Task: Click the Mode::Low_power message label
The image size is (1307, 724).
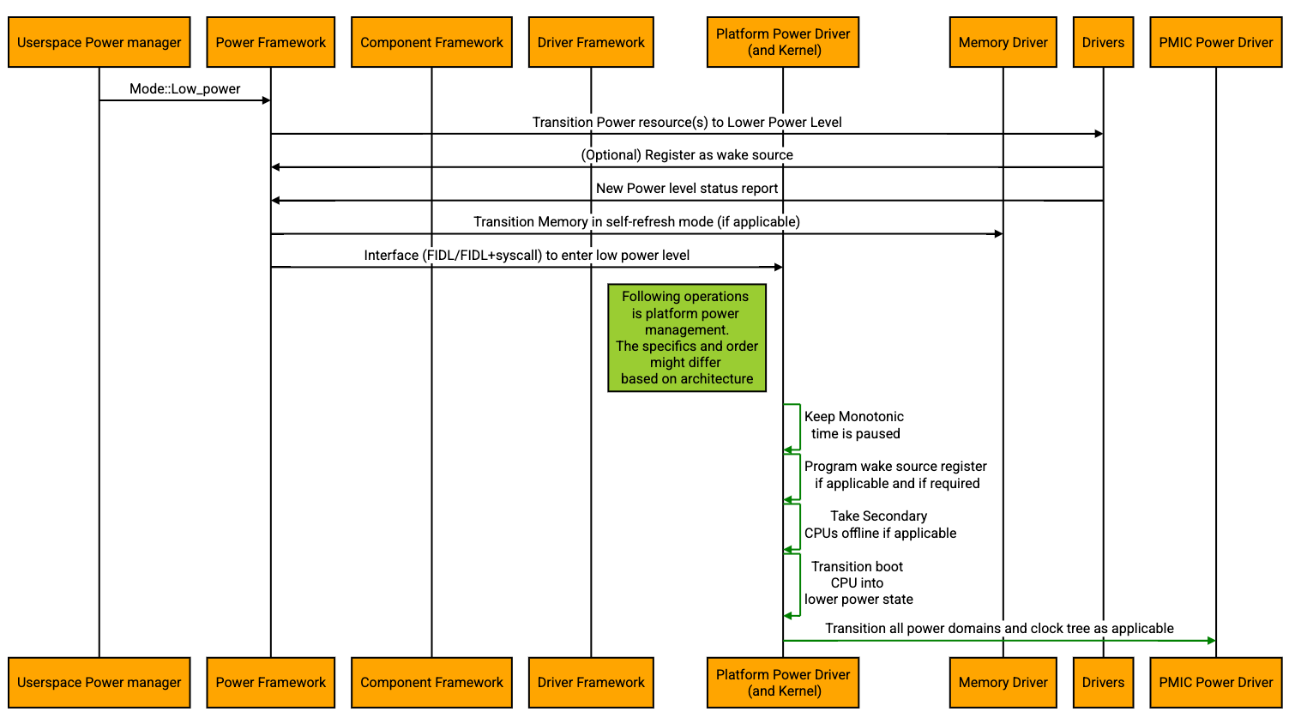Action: pos(185,89)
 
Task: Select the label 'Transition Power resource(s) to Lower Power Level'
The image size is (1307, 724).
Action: pos(687,123)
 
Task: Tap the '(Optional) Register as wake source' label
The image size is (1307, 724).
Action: pos(687,155)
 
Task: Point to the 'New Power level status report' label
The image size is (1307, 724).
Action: pos(687,189)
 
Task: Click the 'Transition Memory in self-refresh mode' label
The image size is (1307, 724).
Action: pos(637,222)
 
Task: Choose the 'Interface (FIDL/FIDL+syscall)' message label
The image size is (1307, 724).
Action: pos(527,256)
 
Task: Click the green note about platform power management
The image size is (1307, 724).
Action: pos(687,338)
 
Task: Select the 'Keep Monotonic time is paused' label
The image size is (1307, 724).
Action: pos(855,425)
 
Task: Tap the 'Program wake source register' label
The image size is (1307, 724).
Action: pos(896,475)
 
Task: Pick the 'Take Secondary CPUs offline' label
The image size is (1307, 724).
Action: pos(880,525)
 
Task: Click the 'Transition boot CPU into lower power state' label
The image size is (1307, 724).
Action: pos(858,583)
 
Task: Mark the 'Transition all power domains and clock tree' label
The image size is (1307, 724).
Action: pos(999,629)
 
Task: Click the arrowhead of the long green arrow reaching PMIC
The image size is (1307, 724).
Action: pos(1212,641)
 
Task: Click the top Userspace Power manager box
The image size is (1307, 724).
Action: pos(99,43)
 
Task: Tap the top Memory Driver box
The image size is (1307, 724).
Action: pos(1003,43)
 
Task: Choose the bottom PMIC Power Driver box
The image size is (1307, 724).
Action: pos(1215,683)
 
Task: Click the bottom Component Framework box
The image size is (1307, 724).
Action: pos(431,683)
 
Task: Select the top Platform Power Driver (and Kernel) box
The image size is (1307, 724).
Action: pos(783,43)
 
